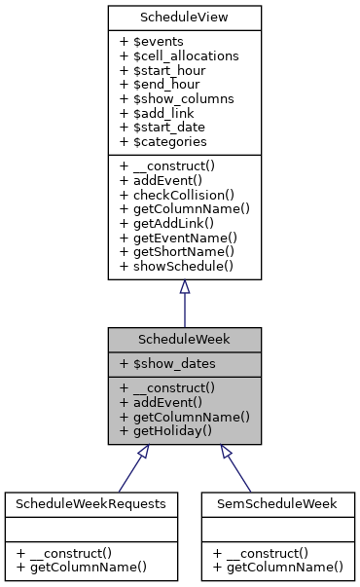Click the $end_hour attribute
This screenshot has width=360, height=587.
(x=162, y=85)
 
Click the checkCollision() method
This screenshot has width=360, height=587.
(x=178, y=194)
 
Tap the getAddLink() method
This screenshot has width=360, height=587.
(x=170, y=221)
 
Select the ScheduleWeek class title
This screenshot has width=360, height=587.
(x=184, y=340)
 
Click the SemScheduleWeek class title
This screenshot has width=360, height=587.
(x=278, y=503)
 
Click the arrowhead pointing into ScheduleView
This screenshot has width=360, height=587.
(x=184, y=287)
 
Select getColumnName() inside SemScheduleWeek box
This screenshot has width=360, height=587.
(x=278, y=567)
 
